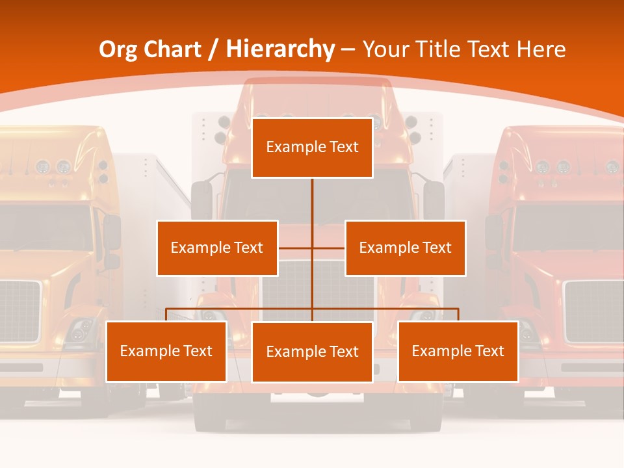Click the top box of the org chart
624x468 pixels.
tap(312, 148)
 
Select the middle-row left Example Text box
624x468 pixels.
tap(217, 248)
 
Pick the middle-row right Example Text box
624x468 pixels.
tap(405, 248)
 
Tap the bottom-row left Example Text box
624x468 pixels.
tap(166, 351)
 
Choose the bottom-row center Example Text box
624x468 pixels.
tap(312, 352)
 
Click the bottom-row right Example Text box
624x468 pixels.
tap(458, 351)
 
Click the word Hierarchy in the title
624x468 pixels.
tap(280, 49)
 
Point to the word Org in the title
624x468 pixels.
tap(118, 49)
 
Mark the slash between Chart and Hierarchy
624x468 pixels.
tap(214, 50)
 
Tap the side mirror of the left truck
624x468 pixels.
tap(112, 232)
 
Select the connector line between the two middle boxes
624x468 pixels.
tap(312, 248)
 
